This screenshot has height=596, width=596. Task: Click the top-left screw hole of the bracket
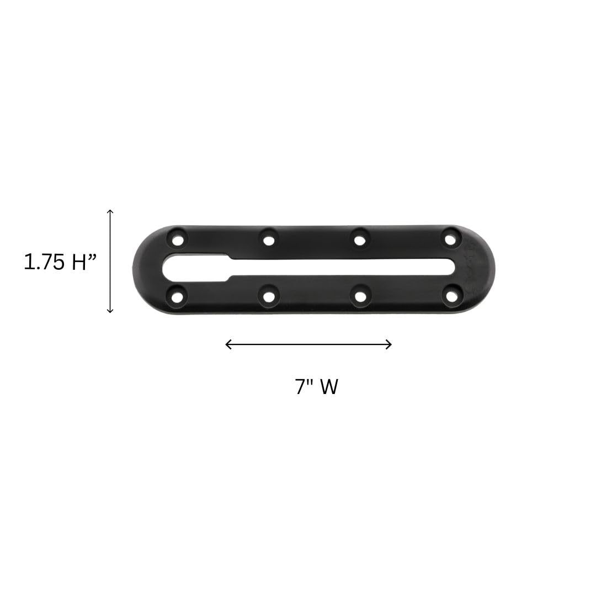[178, 240]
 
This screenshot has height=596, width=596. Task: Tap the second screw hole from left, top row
[269, 241]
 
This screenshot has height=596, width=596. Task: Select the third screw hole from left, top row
[360, 240]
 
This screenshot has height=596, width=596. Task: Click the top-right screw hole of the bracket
[450, 240]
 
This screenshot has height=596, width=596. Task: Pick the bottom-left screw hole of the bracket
[178, 296]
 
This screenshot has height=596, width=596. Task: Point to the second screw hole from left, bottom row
[269, 296]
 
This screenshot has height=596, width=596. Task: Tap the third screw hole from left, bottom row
[360, 296]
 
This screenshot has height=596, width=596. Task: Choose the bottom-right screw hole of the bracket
[451, 296]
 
